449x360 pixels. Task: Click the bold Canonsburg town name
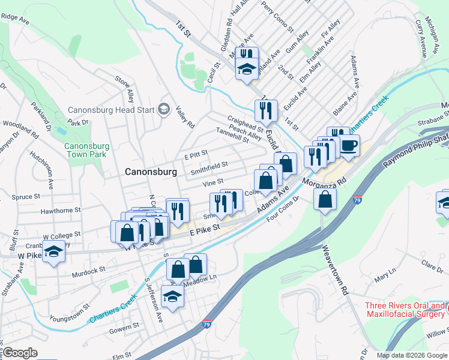151,172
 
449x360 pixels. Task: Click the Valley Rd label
185,118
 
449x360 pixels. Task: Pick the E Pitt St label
196,155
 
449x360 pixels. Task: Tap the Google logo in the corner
20,353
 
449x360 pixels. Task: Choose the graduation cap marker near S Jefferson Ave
173,296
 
